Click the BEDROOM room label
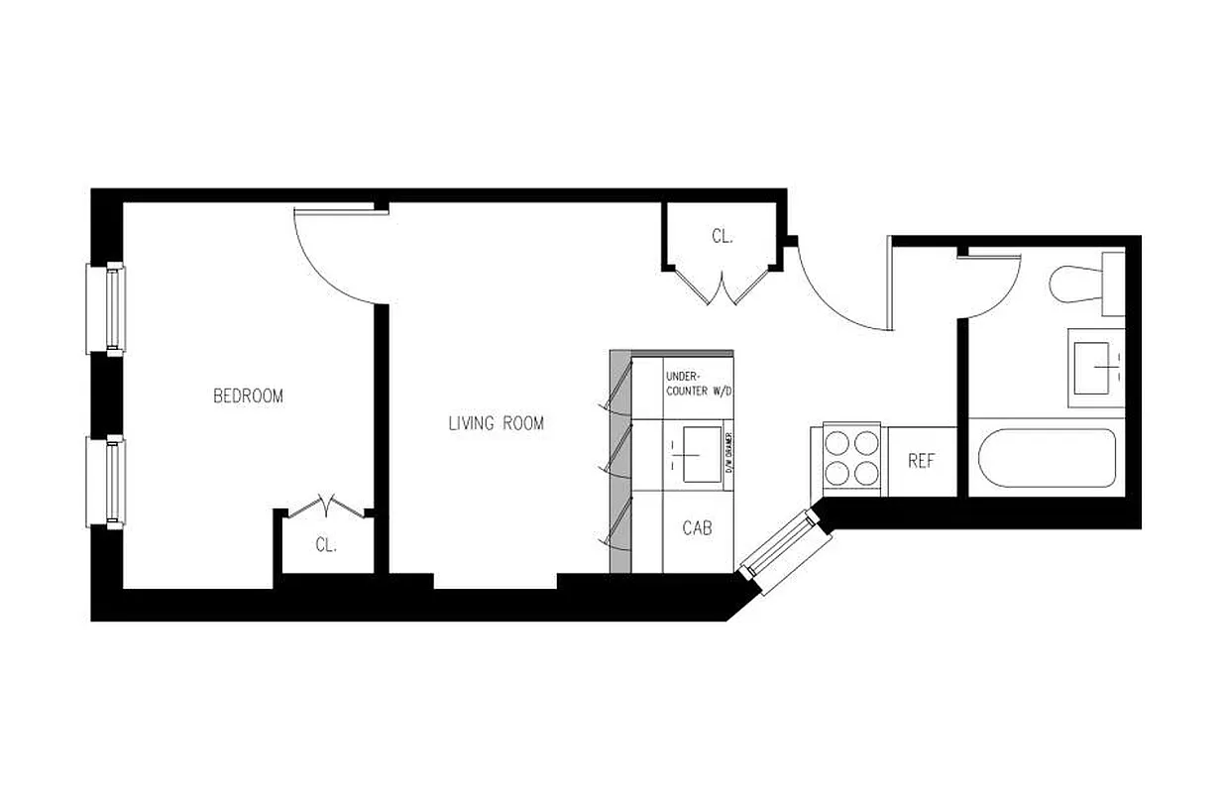pyautogui.click(x=248, y=396)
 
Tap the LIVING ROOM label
pyautogui.click(x=496, y=423)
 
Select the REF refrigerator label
pyautogui.click(x=921, y=462)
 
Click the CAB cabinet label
pyautogui.click(x=697, y=528)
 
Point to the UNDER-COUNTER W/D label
pyautogui.click(x=698, y=385)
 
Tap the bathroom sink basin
pyautogui.click(x=1097, y=368)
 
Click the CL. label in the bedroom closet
pyautogui.click(x=326, y=544)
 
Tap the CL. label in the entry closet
pyautogui.click(x=722, y=236)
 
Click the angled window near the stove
pyautogui.click(x=780, y=551)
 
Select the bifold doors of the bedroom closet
pyautogui.click(x=326, y=506)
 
